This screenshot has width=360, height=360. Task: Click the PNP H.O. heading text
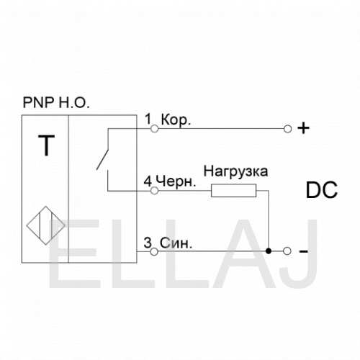56,102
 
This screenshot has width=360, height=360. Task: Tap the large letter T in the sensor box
46,145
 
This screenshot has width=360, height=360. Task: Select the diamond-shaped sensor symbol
45,225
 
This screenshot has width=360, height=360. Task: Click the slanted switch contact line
102,160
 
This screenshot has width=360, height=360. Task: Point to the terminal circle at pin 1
155,129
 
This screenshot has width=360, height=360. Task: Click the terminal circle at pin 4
155,191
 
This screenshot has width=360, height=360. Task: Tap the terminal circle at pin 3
154,251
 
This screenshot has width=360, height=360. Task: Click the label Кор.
176,120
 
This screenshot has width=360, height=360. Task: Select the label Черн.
176,181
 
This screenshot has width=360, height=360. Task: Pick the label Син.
176,243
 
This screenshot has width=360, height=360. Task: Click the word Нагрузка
235,172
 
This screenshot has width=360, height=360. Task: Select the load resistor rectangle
233,191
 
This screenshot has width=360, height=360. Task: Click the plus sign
304,128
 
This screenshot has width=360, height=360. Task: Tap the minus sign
304,251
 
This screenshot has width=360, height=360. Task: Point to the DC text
322,190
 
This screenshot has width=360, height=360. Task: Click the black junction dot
269,251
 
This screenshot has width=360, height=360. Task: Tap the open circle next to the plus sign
287,129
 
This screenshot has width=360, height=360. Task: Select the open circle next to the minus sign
287,251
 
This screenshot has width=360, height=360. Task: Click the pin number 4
148,181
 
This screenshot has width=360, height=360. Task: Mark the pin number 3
148,243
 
